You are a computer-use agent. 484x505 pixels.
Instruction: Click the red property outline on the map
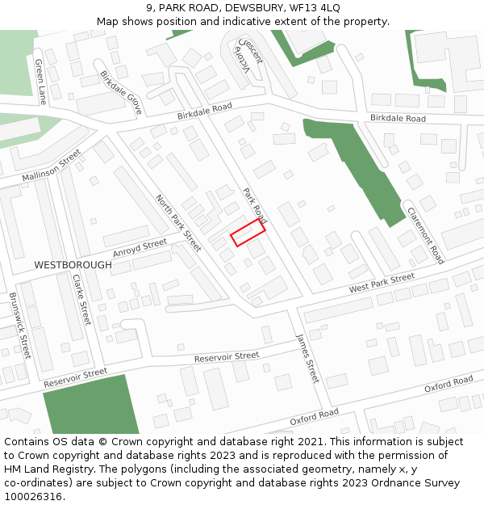pos(248,232)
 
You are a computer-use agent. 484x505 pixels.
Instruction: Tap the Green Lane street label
pos(40,82)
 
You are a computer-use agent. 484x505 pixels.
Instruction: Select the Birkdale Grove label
pos(121,92)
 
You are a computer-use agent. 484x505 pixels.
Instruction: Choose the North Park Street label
pos(178,222)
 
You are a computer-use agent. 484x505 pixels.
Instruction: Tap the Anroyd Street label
pos(140,247)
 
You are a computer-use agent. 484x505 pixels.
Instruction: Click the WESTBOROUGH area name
pos(73,265)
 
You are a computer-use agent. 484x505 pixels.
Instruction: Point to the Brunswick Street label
pos(19,325)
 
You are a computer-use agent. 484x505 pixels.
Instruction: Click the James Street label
pos(307,358)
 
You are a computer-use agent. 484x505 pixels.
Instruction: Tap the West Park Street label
pos(382,283)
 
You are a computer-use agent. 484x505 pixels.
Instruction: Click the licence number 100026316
pos(33,497)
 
